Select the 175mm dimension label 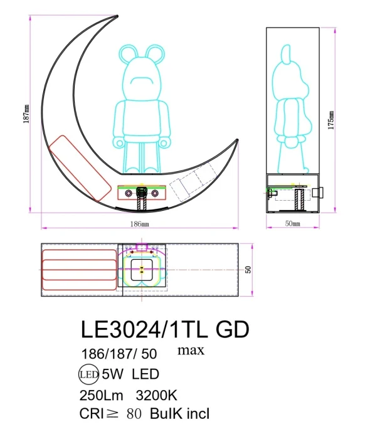pyautogui.click(x=330, y=119)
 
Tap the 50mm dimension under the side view pyautogui.click(x=293, y=223)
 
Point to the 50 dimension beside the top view pyautogui.click(x=248, y=270)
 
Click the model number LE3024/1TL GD pyautogui.click(x=165, y=329)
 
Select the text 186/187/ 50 pyautogui.click(x=119, y=353)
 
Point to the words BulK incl pyautogui.click(x=179, y=414)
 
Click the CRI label pyautogui.click(x=93, y=414)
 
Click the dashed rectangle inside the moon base pyautogui.click(x=186, y=187)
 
